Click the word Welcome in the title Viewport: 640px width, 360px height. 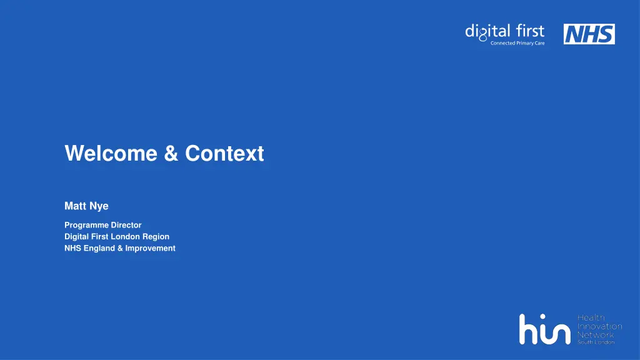111,153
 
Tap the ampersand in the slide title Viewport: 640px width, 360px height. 171,153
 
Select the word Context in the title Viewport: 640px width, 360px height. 224,153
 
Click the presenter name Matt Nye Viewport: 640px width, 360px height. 86,206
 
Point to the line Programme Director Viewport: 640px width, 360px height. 103,225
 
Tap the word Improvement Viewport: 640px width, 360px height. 150,248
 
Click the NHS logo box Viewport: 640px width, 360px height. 589,34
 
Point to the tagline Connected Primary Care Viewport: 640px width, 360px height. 517,43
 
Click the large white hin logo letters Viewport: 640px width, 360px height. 544,329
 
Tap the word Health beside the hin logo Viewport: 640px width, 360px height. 591,318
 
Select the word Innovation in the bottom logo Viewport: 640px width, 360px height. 599,326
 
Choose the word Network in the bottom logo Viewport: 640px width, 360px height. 595,334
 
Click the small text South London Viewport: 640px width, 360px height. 595,342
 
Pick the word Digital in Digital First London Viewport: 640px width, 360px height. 77,237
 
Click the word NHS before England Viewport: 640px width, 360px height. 72,248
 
